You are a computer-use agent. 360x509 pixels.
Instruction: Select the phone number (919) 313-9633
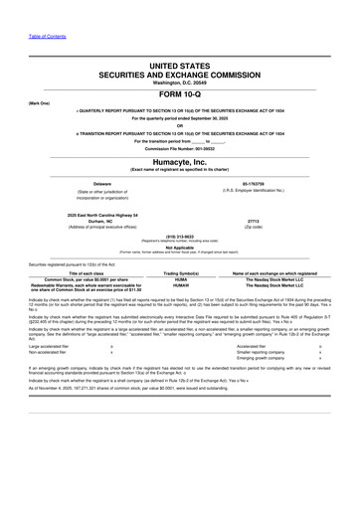pos(180,237)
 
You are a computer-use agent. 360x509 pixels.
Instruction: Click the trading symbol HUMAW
pos(180,285)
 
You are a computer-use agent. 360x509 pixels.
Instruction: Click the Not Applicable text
pos(180,247)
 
